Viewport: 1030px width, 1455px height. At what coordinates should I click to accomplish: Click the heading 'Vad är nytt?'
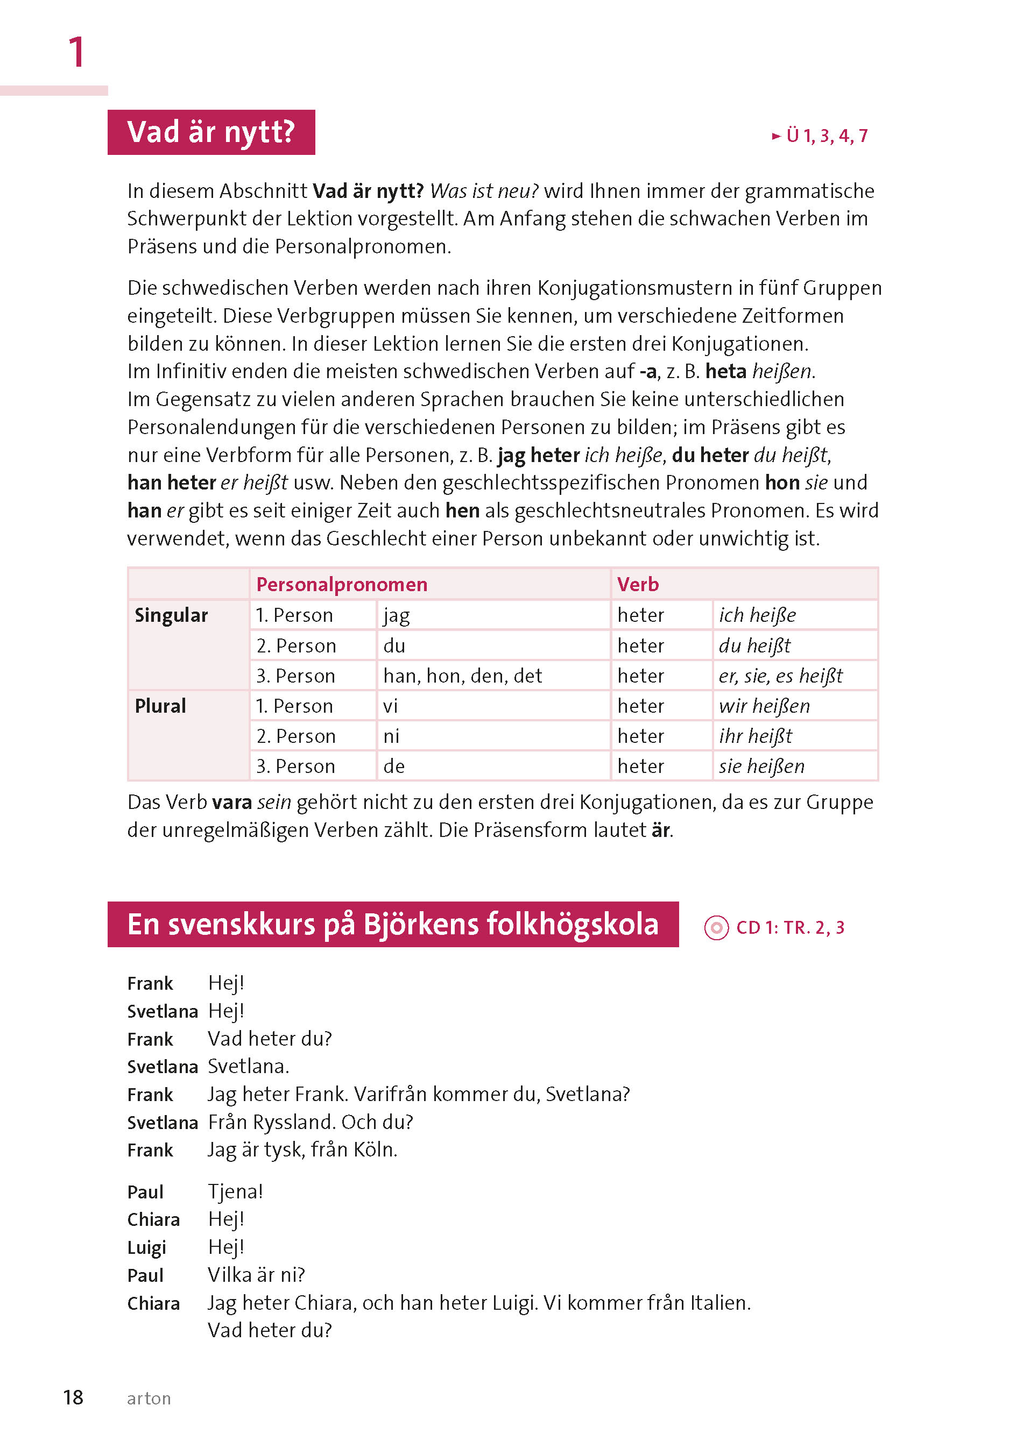pos(210,132)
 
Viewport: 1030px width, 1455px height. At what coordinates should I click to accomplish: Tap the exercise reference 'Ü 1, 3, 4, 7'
pos(826,136)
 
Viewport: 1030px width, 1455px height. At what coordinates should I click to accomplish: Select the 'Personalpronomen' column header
pos(341,584)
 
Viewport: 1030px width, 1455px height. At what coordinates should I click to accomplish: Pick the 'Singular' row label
pos(171,615)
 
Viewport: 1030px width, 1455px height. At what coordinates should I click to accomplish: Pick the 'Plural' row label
pos(160,706)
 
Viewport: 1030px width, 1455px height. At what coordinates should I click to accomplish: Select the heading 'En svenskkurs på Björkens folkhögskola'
pos(393,924)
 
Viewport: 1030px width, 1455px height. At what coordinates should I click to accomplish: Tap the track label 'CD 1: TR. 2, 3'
pos(789,927)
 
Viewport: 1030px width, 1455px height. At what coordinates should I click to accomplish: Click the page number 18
pos(73,1397)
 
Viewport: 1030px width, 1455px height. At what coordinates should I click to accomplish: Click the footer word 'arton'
pos(149,1398)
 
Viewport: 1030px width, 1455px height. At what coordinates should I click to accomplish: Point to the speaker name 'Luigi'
pos(146,1247)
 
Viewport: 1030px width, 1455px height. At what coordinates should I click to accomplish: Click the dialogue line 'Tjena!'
pos(235,1191)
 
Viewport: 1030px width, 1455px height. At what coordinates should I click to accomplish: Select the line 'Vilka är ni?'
pos(256,1274)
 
